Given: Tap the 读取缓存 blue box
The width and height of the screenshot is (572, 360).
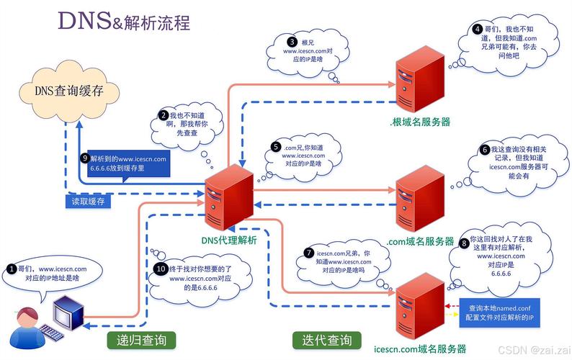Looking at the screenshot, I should pos(87,202).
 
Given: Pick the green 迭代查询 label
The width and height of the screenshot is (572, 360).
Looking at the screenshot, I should pos(322,340).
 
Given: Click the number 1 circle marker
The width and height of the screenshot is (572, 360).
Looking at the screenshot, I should pos(11,269).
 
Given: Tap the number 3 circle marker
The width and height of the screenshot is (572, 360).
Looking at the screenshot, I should pos(292,42).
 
